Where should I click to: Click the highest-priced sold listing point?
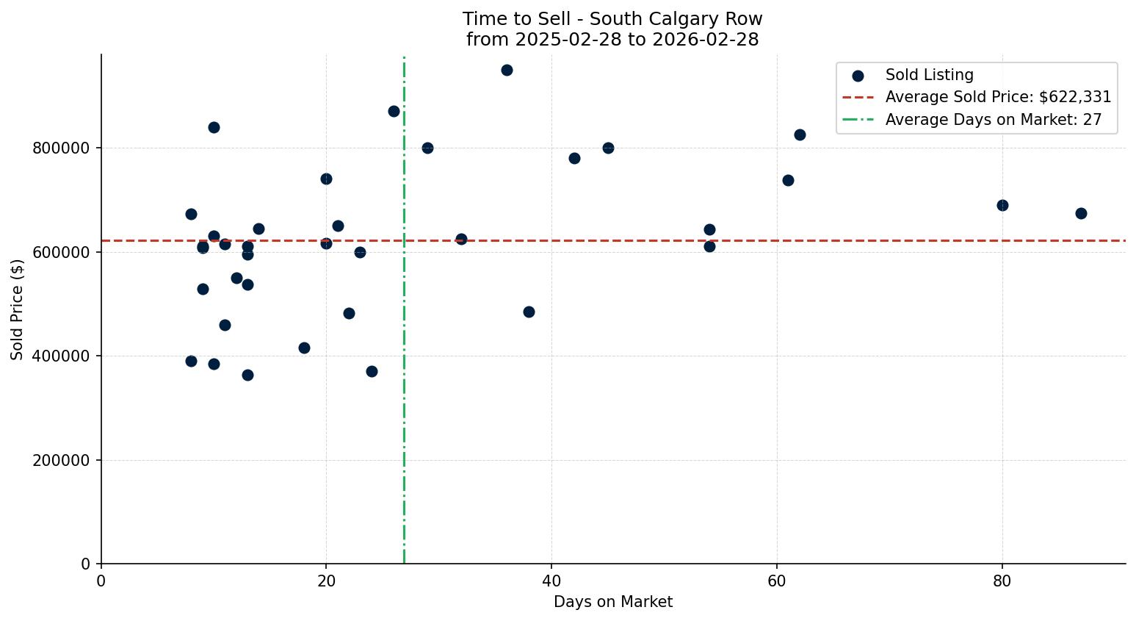(507, 71)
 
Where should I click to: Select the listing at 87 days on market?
(1081, 214)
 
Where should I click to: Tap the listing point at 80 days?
(1002, 206)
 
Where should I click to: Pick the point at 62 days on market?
(800, 135)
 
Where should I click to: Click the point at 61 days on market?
(788, 181)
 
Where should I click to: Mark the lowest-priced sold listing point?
(247, 376)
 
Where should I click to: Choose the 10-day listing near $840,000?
(214, 128)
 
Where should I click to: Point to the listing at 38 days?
(529, 312)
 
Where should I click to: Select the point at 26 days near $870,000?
(394, 112)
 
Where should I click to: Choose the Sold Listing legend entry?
(929, 75)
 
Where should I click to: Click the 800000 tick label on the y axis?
(61, 148)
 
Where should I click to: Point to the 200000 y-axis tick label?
(61, 461)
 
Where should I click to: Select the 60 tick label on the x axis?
(777, 581)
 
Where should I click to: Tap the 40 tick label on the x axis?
(551, 581)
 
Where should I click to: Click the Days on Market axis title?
(612, 603)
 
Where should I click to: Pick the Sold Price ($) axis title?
(18, 309)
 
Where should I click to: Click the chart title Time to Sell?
(612, 19)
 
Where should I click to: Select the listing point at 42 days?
(574, 159)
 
